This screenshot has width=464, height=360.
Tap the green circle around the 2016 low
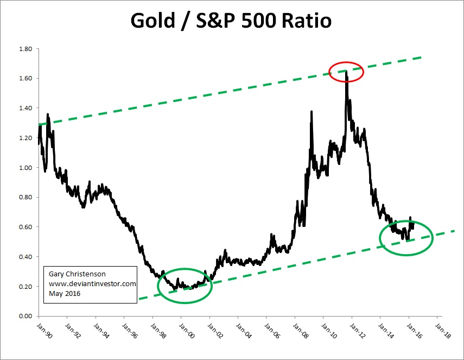coord(406,237)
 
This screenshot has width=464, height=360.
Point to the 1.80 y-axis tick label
coord(26,49)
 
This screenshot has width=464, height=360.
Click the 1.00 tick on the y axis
coord(26,168)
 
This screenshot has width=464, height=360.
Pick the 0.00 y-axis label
coord(26,316)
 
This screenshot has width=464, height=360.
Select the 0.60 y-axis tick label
coord(26,227)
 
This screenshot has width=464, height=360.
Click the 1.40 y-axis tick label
coord(26,108)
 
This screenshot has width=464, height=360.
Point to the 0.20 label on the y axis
coord(26,286)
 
